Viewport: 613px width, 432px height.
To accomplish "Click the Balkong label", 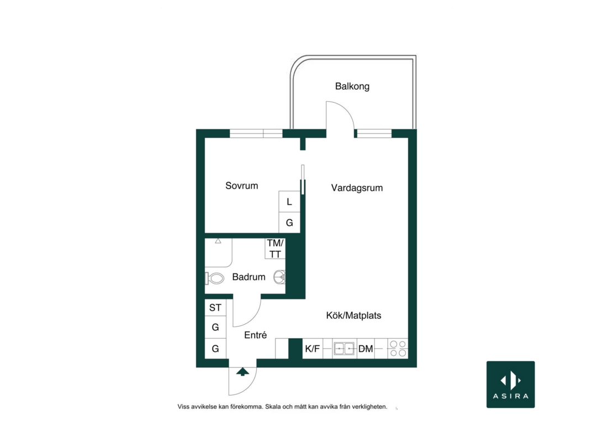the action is coord(352,86).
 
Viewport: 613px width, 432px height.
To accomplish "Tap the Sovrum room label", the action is coord(241,186).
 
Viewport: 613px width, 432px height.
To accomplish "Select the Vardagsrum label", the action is coord(357,188).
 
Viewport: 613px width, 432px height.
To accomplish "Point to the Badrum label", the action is coord(249,277).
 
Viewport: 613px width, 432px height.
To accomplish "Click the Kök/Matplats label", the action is coord(353,315).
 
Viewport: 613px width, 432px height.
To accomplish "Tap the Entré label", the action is coord(255,335).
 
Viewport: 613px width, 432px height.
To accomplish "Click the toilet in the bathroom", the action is coord(215,278).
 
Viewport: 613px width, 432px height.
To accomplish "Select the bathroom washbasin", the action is coord(279,277).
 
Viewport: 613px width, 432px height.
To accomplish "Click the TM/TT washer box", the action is coord(275,249).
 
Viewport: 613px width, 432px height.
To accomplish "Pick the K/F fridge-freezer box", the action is coord(313,349).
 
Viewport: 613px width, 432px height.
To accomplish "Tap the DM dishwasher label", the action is coord(366,349).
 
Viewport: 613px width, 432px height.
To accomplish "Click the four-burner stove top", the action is coord(398,349).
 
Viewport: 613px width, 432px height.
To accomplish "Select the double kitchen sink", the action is coord(344,349).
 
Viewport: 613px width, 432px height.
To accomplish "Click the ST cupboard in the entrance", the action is coord(215,308).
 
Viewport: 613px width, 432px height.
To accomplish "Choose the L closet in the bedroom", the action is coord(289,202).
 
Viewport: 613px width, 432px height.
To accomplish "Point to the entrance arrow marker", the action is coord(243,371).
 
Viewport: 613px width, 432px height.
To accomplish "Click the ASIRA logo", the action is coord(511,384).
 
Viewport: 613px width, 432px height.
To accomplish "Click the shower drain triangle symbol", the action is coord(218,241).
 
